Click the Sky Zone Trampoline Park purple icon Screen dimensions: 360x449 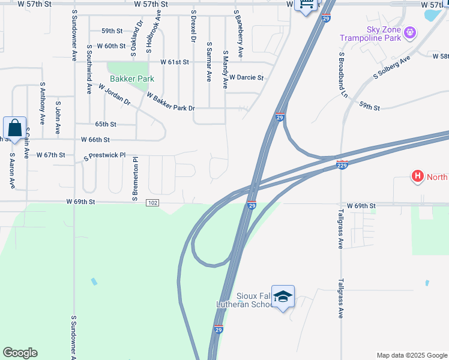pyautogui.click(x=411, y=31)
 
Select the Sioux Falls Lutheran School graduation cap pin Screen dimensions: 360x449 pyautogui.click(x=283, y=297)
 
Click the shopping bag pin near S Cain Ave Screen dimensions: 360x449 pyautogui.click(x=14, y=128)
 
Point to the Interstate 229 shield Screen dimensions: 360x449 pyautogui.click(x=342, y=165)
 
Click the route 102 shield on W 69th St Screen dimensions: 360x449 pyautogui.click(x=152, y=203)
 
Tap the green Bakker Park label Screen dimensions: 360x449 pyautogui.click(x=131, y=79)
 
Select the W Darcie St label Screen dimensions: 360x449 pyautogui.click(x=247, y=77)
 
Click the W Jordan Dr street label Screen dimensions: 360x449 pyautogui.click(x=114, y=94)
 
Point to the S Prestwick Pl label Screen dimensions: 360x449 pyautogui.click(x=105, y=155)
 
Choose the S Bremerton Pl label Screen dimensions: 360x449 pyautogui.click(x=135, y=179)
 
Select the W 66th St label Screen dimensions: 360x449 pyautogui.click(x=95, y=139)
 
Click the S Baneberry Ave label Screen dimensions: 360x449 pyautogui.click(x=238, y=34)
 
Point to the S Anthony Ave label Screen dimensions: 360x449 pyautogui.click(x=43, y=103)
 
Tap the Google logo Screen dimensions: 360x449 pyautogui.click(x=20, y=353)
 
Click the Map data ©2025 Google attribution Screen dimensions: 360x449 pyautogui.click(x=411, y=355)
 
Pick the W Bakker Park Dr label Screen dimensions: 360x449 pyautogui.click(x=171, y=102)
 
